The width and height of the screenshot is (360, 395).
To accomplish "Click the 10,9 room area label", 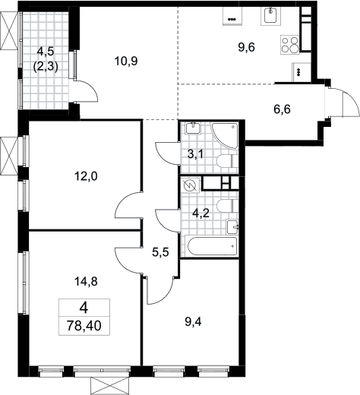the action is [x=126, y=61].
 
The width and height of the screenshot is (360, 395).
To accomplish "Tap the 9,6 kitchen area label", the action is [x=247, y=47].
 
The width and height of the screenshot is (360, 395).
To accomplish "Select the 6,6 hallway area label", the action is [x=282, y=109].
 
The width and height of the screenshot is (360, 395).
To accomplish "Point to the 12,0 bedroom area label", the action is [x=86, y=176].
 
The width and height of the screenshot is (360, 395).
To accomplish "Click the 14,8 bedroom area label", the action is [x=86, y=281].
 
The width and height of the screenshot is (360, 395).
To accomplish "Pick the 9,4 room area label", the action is [x=193, y=322].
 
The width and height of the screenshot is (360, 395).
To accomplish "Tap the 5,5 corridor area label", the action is [x=160, y=252].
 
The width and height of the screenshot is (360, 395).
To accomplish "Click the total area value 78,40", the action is [x=84, y=326].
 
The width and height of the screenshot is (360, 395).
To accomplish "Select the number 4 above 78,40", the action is [x=84, y=308].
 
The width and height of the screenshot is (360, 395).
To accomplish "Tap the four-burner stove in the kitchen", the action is [x=290, y=45].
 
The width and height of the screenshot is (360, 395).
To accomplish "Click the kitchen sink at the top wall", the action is [x=271, y=15].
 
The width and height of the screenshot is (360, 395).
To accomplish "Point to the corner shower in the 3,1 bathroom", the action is [x=225, y=135].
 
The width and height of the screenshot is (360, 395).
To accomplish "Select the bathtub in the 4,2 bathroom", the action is [x=212, y=246].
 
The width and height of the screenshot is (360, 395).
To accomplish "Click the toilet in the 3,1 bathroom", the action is [x=227, y=161].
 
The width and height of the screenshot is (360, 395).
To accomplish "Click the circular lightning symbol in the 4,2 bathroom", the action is [x=190, y=185].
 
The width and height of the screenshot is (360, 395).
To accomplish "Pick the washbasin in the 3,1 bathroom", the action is [x=194, y=128].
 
